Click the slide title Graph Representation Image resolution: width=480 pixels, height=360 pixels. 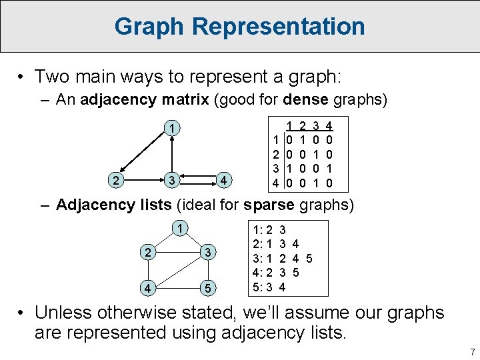click(x=239, y=27)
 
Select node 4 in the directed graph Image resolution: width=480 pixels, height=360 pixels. click(x=226, y=180)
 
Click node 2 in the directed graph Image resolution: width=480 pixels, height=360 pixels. click(x=116, y=180)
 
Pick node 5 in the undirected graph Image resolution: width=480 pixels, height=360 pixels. click(x=209, y=288)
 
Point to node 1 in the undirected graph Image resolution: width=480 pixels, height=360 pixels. click(x=179, y=229)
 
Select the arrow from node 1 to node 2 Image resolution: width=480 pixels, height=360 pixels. click(x=144, y=154)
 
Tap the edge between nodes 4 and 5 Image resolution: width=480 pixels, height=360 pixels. click(x=178, y=288)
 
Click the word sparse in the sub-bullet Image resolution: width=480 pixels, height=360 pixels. click(x=267, y=205)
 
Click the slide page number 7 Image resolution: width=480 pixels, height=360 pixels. click(x=471, y=351)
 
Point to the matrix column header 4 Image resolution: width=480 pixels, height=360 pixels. click(x=329, y=125)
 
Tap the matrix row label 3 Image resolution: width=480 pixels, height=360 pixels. click(x=275, y=169)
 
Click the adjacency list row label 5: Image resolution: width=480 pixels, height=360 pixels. click(x=256, y=287)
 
